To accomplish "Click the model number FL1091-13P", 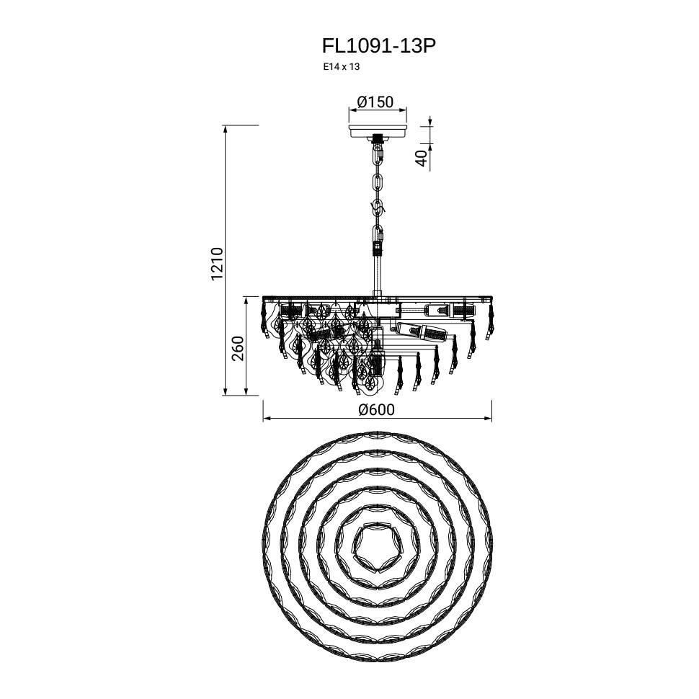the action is click(378, 46).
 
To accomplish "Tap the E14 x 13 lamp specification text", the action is click(342, 68).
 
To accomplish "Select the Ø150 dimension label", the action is click(375, 102).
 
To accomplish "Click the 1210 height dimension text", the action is click(217, 264).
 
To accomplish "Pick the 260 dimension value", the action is click(238, 348).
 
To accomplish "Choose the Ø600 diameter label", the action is click(377, 409).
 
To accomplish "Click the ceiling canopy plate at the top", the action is click(378, 131).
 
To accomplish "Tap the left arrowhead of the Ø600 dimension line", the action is click(266, 419).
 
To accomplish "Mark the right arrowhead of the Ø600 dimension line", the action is click(488, 419).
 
